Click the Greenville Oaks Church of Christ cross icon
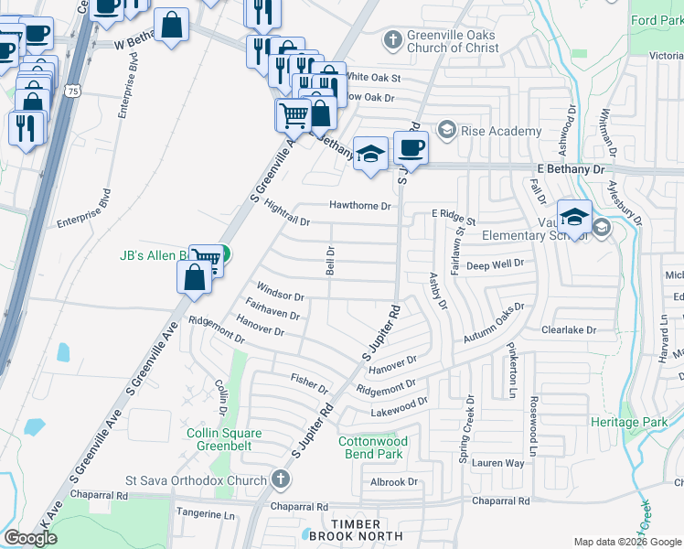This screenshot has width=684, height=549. [x=392, y=40]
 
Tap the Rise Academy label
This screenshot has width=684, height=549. [x=501, y=131]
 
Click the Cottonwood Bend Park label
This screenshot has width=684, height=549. [x=370, y=447]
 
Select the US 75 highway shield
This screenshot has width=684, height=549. [x=70, y=91]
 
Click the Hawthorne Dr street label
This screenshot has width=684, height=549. [x=360, y=206]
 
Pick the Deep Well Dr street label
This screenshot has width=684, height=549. [x=495, y=264]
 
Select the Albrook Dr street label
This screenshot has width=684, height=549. [x=394, y=481]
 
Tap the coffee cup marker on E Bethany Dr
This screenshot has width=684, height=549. [x=411, y=148]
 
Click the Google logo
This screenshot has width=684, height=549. [x=30, y=538]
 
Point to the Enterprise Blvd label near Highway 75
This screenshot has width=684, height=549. [x=83, y=221]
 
